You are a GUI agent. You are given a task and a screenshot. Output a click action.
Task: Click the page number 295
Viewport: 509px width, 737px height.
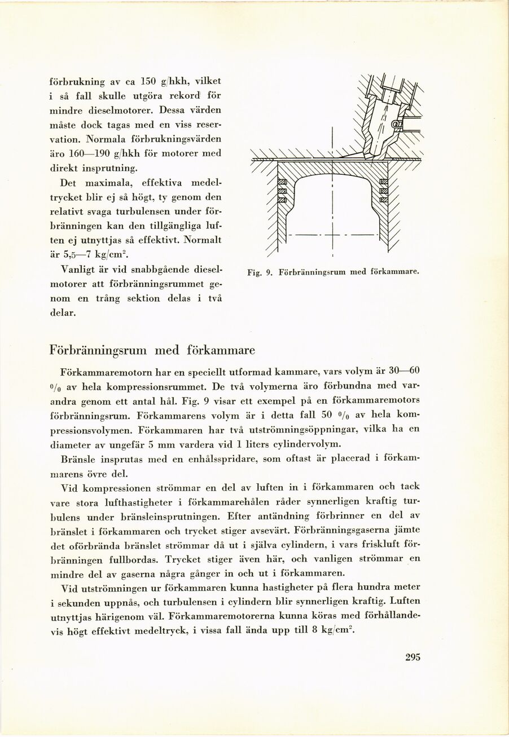[413, 657]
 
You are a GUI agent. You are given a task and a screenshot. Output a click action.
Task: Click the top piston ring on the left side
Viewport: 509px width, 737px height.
[283, 182]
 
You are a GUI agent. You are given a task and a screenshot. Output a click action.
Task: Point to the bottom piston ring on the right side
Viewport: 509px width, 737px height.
[384, 199]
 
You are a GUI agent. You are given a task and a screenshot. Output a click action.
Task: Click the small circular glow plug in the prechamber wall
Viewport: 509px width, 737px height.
[394, 123]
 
